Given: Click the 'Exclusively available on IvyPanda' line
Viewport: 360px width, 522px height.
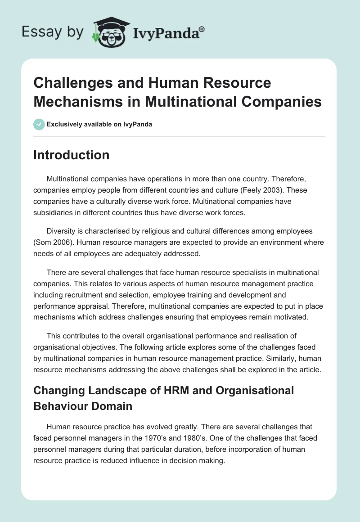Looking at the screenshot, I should (x=99, y=124).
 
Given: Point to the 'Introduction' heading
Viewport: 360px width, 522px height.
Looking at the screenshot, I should (x=72, y=155).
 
